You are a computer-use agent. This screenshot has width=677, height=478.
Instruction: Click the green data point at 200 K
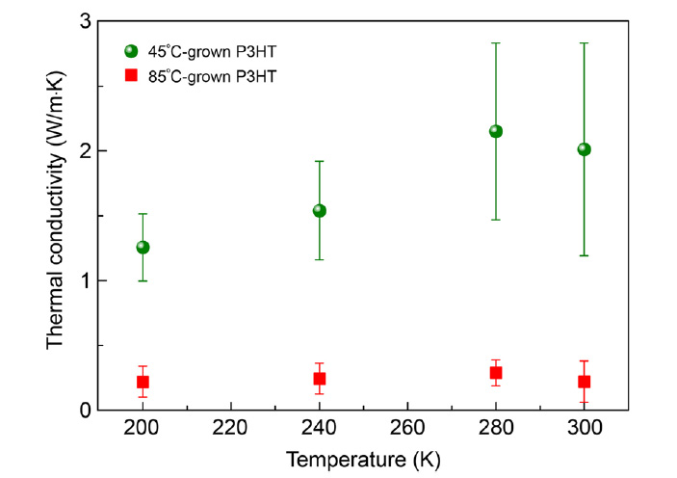[x=143, y=248]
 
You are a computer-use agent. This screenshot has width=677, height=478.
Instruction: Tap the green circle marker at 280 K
[x=496, y=131]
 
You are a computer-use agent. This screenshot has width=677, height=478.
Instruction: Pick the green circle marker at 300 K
[x=584, y=149]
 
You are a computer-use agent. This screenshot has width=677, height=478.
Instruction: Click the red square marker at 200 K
[x=143, y=382]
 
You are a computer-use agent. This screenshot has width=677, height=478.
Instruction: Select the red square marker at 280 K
[x=496, y=373]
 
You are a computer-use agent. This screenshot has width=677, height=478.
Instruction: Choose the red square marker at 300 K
[x=584, y=382]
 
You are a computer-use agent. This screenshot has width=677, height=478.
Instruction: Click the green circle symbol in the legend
[x=132, y=50]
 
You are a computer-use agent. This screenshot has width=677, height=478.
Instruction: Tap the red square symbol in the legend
[x=132, y=75]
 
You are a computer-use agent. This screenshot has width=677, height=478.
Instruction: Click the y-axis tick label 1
[x=86, y=280]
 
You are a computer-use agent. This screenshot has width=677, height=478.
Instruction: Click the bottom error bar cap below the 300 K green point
[x=584, y=255]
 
